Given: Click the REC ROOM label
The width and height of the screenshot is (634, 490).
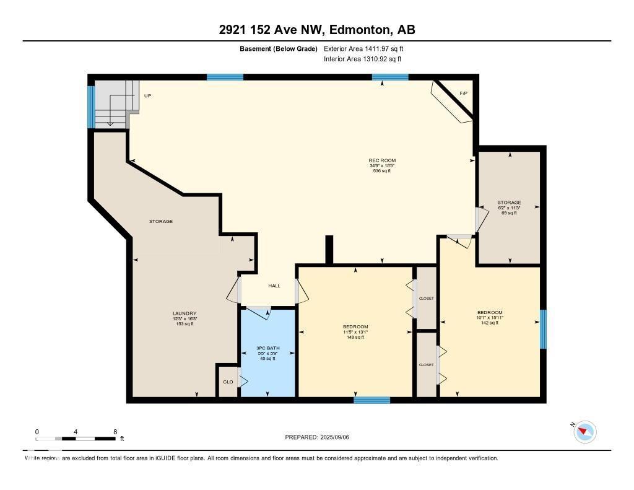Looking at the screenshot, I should [382, 161].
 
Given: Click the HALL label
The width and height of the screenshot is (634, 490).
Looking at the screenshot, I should [274, 286].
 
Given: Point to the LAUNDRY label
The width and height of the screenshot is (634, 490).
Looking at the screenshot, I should [185, 313].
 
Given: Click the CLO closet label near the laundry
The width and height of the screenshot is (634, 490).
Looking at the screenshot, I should [228, 382].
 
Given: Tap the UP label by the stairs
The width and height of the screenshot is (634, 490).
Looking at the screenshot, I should [147, 96].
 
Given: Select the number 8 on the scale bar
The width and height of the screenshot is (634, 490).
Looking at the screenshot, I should [115, 432].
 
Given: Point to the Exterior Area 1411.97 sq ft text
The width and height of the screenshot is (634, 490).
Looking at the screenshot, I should [363, 48].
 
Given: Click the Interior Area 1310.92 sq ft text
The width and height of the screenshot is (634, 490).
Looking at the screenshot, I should [362, 59].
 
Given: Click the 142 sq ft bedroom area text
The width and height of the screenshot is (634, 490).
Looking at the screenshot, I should [490, 323].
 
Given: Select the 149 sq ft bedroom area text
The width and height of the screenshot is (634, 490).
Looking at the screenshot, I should [355, 337].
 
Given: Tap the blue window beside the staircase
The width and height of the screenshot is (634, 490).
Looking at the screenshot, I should [91, 107].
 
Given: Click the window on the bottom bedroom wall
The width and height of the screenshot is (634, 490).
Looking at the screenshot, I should [371, 400].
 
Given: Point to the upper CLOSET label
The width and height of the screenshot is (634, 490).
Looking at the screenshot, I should [426, 299].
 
